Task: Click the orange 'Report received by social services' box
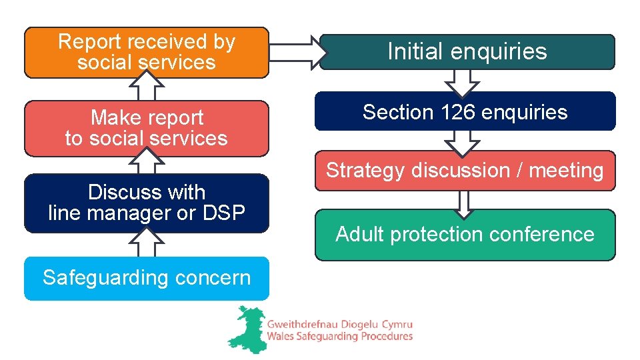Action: pos(146,52)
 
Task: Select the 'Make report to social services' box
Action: pos(146,128)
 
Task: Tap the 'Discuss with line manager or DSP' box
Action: pos(146,203)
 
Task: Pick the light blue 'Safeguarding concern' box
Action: pos(146,277)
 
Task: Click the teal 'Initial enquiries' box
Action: pos(467,51)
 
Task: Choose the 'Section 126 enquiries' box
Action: pos(465,112)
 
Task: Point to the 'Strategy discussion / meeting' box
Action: pos(465,171)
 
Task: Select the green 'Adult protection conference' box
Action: pos(465,235)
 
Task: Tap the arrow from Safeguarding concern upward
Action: pos(147,243)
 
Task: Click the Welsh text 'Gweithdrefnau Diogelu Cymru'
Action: pos(340,323)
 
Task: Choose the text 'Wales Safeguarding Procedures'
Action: pos(340,337)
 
